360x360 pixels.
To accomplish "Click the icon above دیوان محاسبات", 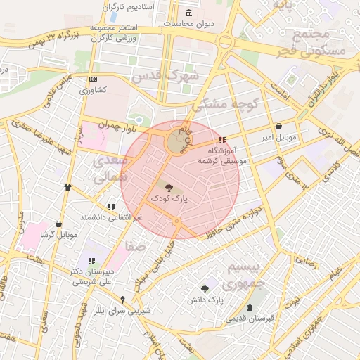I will click(188, 13).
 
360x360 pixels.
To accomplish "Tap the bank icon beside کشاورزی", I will click(93, 80).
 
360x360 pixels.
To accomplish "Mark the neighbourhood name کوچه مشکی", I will click(226, 105).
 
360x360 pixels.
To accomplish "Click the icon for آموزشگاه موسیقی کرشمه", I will click(223, 140).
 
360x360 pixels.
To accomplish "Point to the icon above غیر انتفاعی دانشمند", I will click(111, 207).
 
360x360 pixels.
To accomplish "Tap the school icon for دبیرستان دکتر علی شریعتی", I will click(91, 262).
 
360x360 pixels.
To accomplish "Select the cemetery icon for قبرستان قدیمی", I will click(250, 308).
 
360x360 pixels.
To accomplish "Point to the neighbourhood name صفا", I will click(133, 247).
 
